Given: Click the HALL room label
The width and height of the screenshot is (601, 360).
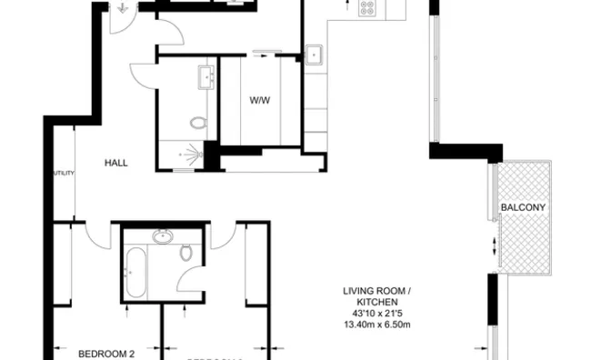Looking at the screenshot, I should (115, 164).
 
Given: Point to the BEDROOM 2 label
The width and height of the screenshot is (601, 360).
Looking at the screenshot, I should (105, 354).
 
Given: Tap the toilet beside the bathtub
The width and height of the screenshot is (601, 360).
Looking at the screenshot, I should (186, 252).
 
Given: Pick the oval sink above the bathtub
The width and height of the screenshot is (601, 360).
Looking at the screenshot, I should (163, 237).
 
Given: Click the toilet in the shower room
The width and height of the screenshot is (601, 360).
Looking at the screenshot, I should (199, 122).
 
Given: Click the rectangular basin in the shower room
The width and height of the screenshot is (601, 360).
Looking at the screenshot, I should (204, 76).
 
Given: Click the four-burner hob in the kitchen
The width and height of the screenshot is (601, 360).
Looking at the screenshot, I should (367, 8).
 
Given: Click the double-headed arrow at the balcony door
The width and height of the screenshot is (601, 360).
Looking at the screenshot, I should (494, 245).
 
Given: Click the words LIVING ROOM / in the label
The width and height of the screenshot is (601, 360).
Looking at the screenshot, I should (376, 292).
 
